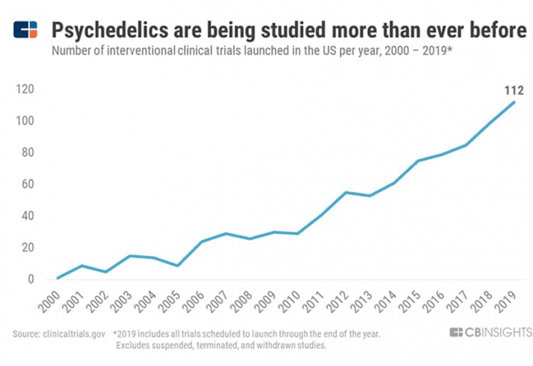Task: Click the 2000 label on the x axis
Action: [x=52, y=301]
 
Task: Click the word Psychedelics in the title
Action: [x=103, y=29]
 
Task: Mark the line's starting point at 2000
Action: [x=59, y=277]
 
